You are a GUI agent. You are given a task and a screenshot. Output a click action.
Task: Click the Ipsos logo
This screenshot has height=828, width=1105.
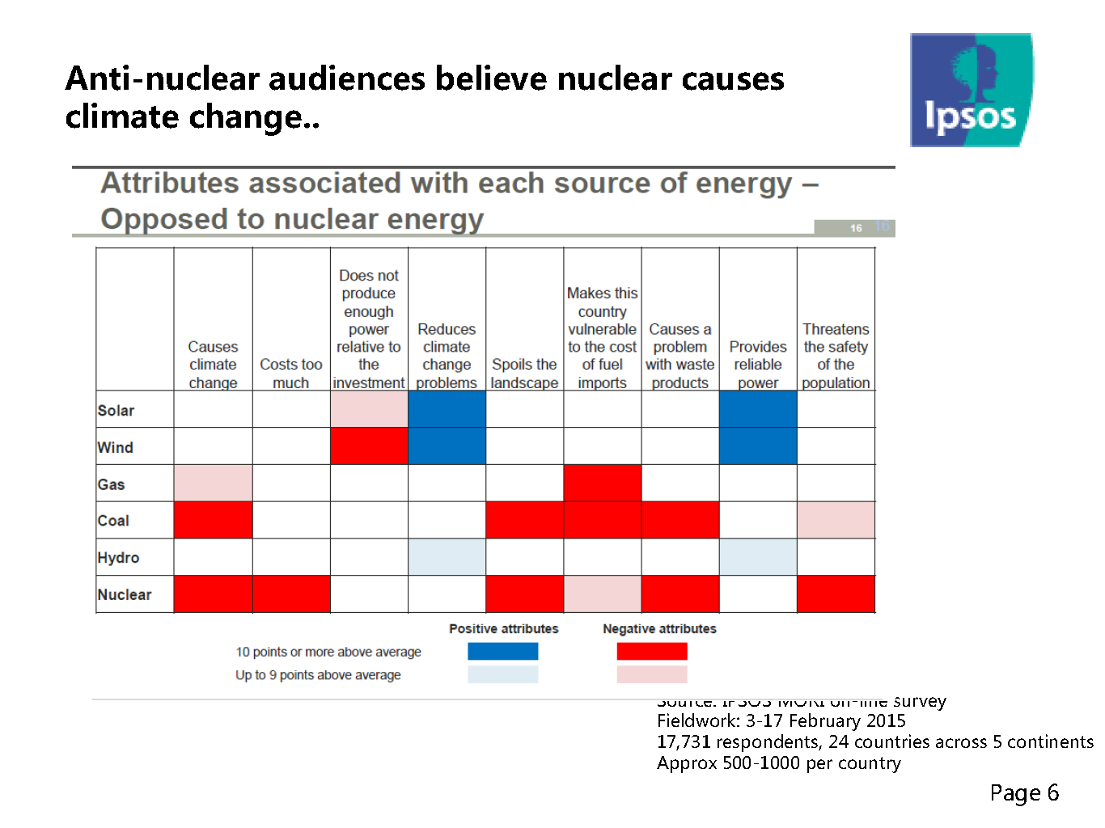pos(971,90)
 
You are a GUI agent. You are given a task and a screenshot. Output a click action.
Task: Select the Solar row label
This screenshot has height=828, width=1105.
pos(116,411)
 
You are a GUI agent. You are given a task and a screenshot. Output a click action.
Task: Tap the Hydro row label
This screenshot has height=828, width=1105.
pos(118,558)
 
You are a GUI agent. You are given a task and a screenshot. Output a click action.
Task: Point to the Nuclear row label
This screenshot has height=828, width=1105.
pos(125,595)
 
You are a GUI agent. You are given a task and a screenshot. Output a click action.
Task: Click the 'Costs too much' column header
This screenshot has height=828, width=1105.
pos(291,374)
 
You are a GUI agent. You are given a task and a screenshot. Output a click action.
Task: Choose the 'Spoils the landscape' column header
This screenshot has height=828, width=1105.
pos(524,374)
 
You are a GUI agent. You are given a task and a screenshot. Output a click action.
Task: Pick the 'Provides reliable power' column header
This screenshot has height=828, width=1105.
pos(758,365)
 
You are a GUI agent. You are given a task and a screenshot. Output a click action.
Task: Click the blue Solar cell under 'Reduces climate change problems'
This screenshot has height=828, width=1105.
pos(447,409)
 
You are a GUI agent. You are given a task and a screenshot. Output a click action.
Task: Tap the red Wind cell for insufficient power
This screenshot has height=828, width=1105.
pos(369,446)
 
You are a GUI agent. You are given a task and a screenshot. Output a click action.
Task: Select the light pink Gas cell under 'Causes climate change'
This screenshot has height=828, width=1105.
pos(213,484)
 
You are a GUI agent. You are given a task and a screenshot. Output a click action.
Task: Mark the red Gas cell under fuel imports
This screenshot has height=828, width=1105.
pos(603,484)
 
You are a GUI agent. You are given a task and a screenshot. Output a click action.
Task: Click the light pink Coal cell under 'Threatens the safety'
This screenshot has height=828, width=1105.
pos(836,520)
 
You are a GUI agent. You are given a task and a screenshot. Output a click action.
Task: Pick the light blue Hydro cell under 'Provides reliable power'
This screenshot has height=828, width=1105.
pos(758,557)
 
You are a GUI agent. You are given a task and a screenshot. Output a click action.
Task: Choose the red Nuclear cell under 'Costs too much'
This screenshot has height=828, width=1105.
pos(291,594)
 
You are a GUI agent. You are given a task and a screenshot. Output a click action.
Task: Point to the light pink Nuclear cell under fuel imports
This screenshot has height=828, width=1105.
pos(603,594)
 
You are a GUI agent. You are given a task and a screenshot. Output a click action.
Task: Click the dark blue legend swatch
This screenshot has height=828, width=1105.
pos(502,652)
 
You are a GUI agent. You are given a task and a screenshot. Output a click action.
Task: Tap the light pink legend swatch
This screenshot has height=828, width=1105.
pos(652,674)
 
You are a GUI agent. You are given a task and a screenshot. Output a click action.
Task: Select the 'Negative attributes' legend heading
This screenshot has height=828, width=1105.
pos(659,629)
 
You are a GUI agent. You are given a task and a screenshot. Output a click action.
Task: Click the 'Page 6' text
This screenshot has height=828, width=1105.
pos(1024,793)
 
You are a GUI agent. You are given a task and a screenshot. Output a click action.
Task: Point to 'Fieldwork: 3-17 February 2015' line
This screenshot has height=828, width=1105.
pos(781,721)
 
